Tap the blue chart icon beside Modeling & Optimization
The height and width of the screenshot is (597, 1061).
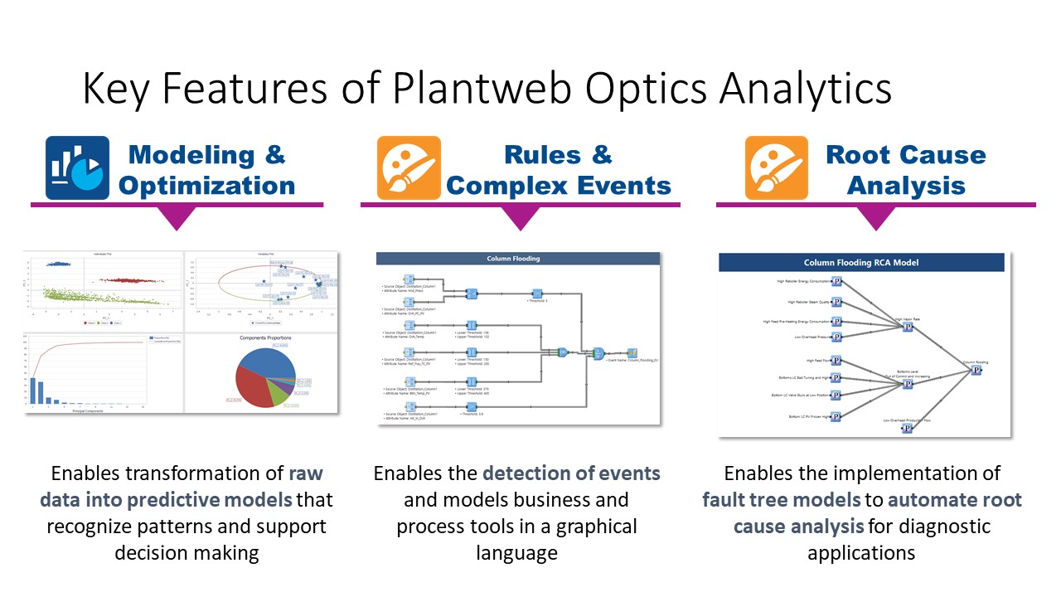[x=77, y=168]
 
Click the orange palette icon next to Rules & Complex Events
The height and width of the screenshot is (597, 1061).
[x=409, y=168]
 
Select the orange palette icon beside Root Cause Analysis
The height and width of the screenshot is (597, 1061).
[x=776, y=168]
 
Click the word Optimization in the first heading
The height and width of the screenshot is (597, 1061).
[x=206, y=185]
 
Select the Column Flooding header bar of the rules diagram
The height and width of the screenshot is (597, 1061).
[x=518, y=259]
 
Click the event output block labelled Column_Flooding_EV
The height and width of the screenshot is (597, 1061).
[x=632, y=352]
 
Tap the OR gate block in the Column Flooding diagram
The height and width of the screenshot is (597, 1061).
[x=562, y=352]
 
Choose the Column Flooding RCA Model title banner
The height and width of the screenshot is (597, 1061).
[x=861, y=262]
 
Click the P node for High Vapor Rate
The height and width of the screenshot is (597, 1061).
[x=908, y=327]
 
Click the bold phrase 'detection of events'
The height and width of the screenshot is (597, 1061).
[x=571, y=473]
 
